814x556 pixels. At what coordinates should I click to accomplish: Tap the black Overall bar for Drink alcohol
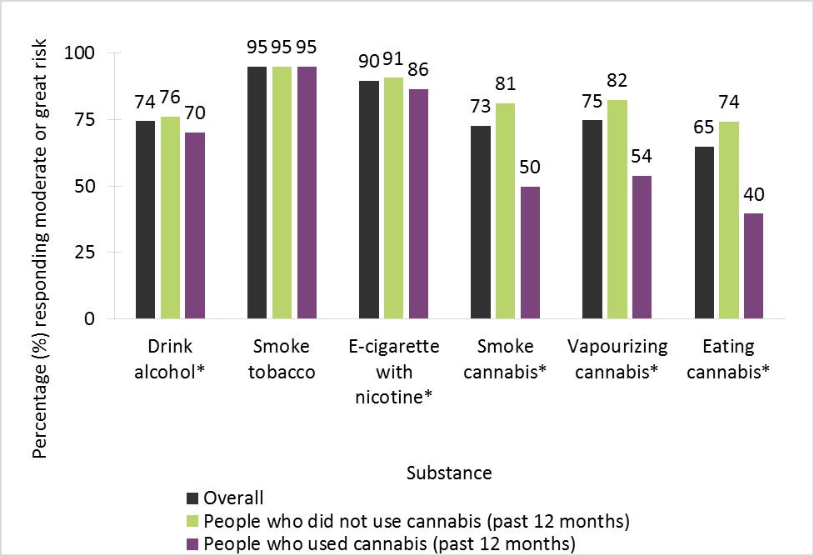[146, 220]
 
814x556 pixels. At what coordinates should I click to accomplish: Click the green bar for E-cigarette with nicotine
[394, 198]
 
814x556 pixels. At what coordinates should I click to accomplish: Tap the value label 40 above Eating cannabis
[753, 195]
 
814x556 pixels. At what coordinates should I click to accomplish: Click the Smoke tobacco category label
[282, 358]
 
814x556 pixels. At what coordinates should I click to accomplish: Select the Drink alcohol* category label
[170, 358]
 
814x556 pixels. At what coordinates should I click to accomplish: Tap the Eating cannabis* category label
[729, 358]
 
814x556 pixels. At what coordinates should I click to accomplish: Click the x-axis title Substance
[449, 473]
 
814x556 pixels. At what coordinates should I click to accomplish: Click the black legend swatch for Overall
[192, 498]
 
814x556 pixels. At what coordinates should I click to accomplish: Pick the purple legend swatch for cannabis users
[192, 543]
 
